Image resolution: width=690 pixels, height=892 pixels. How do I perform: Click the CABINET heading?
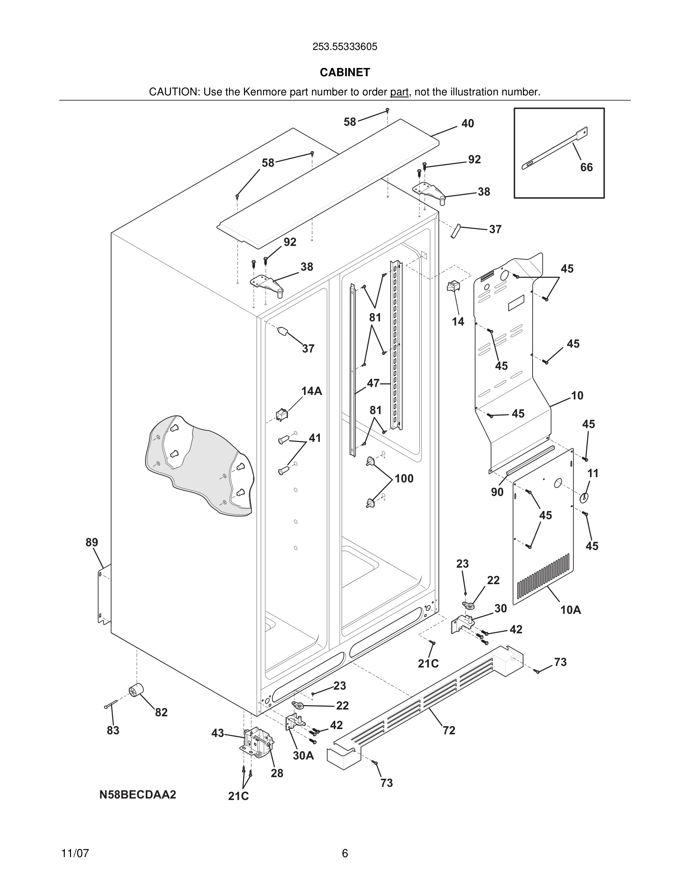point(345,72)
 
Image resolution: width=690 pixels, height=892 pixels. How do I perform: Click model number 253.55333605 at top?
point(345,47)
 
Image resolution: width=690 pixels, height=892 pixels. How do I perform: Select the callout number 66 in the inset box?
point(586,167)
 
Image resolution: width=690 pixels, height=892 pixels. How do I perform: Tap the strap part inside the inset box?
point(555,149)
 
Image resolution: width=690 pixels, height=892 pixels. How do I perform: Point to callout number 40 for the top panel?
point(467,124)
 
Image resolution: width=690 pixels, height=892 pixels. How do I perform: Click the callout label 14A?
point(312,391)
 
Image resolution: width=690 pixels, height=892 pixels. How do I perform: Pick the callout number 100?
point(404,478)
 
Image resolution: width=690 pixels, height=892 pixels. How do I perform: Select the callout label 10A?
point(570,610)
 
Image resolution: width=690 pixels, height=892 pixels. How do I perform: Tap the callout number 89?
point(92,542)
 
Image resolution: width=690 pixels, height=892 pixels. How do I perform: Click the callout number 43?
point(218,733)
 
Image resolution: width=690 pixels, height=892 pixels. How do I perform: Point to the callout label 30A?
point(303,756)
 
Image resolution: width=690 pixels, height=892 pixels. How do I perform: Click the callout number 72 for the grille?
point(449,730)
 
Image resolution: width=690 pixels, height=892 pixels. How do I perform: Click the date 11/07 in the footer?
point(75,853)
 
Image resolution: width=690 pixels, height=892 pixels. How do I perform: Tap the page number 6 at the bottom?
point(345,853)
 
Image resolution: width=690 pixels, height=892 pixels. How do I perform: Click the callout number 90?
point(497,492)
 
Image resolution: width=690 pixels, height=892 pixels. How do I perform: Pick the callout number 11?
point(593,473)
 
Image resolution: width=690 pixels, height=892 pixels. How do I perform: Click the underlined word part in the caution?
point(399,92)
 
